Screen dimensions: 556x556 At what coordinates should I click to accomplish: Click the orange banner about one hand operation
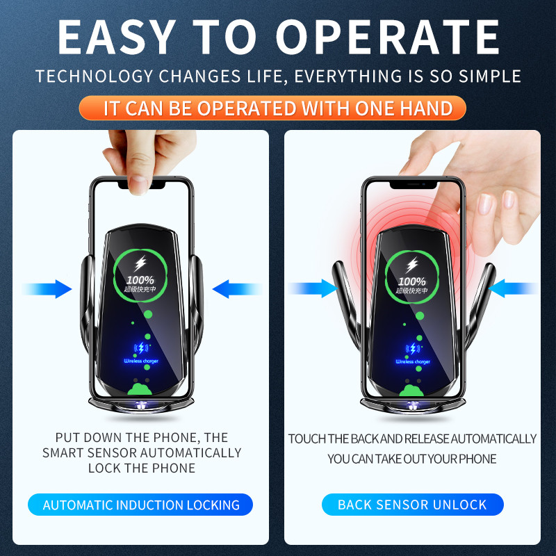point(278,108)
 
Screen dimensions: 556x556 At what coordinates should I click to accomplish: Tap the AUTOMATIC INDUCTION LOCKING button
point(141,505)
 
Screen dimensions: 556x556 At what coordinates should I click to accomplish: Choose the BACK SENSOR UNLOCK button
point(412,505)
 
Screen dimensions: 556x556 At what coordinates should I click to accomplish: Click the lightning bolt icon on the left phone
point(142,264)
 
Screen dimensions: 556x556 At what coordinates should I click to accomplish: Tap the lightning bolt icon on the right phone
point(413,264)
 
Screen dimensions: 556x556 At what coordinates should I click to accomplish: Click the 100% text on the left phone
point(142,281)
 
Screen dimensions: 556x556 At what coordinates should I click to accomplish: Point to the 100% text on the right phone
point(412,281)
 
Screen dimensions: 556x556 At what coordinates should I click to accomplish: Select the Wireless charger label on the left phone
point(142,361)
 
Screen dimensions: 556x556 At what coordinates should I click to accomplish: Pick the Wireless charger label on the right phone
point(413,361)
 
